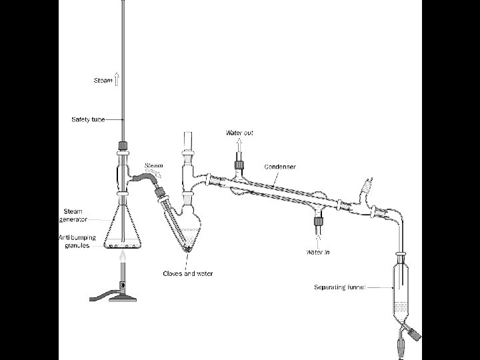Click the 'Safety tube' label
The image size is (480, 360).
(x=88, y=119)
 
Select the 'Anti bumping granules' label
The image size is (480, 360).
(x=77, y=241)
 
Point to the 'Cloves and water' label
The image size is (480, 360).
(x=188, y=274)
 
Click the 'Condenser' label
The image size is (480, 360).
(x=280, y=166)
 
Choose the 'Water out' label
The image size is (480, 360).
(x=237, y=133)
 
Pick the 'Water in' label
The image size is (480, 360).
(x=319, y=252)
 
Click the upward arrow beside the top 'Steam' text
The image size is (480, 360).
(x=117, y=80)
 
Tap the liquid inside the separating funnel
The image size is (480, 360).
(x=399, y=308)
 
